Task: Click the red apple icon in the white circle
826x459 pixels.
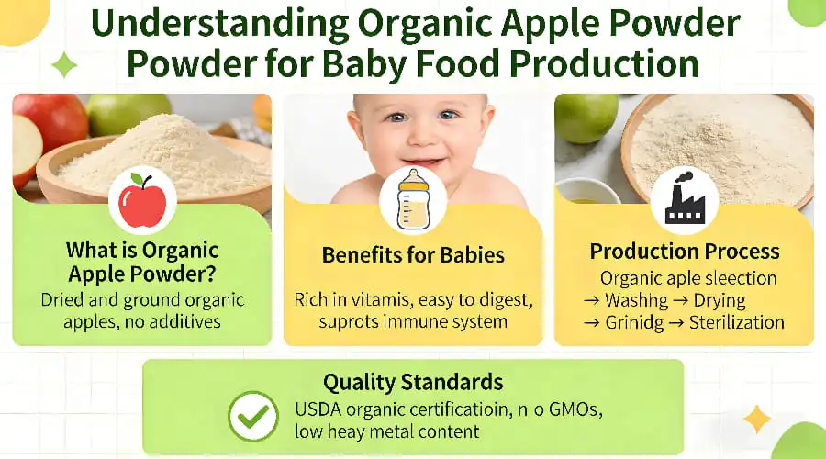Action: click(142, 199)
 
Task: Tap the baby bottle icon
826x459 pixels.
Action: click(412, 199)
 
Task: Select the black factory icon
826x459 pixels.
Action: click(684, 199)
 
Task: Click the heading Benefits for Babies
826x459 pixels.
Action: click(413, 254)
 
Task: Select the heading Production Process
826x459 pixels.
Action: click(685, 252)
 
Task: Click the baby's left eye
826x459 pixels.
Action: click(448, 116)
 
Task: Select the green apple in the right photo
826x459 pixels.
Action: click(586, 118)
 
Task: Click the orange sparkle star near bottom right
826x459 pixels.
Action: click(757, 420)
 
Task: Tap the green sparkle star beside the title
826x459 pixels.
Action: click(65, 64)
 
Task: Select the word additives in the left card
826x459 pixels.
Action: click(188, 322)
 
